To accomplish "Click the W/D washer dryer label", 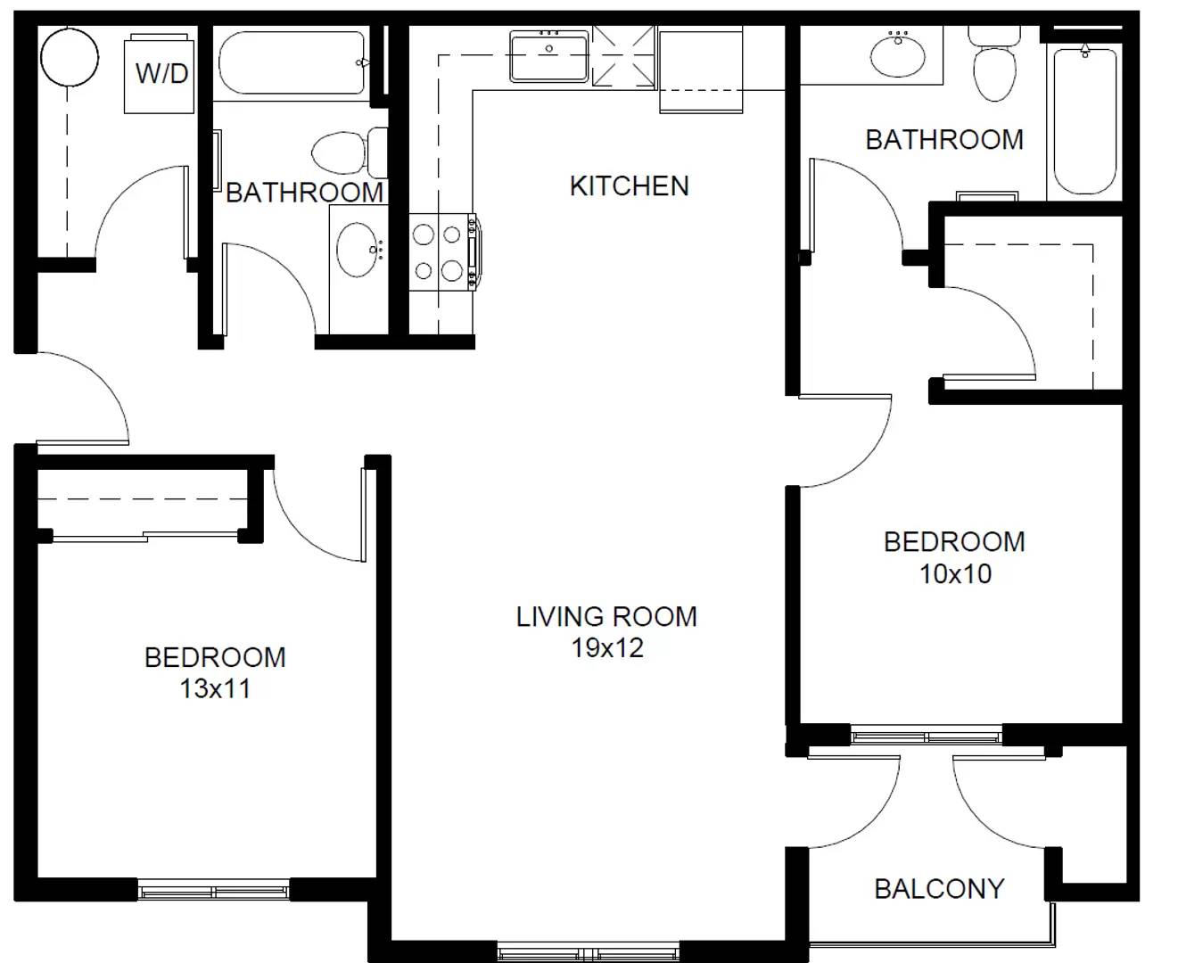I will click(161, 73).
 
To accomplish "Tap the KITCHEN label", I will click(629, 185).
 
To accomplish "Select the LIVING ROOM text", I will click(606, 616).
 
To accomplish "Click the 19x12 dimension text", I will click(607, 648).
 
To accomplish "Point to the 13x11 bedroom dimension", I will click(215, 688).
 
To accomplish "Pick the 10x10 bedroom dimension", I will click(955, 573).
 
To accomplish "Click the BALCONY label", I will click(939, 889).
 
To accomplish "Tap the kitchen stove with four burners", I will click(441, 251).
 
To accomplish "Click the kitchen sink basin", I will click(548, 56).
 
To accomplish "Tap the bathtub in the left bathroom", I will click(292, 63).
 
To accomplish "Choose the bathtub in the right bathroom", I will click(1084, 120).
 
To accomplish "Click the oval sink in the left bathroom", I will click(358, 250).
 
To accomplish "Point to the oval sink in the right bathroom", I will click(899, 55).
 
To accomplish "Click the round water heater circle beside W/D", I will click(69, 56).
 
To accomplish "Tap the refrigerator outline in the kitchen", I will click(701, 70).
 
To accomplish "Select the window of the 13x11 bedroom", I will click(214, 890).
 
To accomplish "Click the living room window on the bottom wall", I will click(589, 951).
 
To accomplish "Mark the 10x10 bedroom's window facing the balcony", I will click(927, 737).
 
